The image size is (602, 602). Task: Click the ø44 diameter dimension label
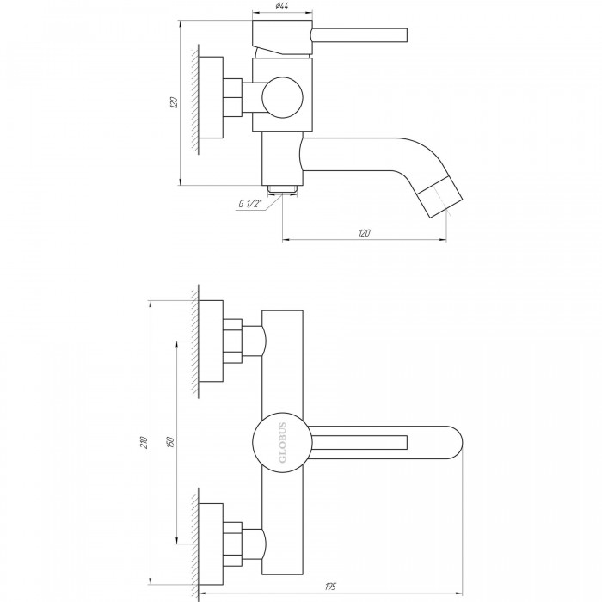pyautogui.click(x=282, y=6)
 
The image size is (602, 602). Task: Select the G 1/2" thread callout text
pyautogui.click(x=250, y=204)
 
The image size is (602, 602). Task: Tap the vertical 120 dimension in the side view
pyautogui.click(x=174, y=102)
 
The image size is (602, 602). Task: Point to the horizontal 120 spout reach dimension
pyautogui.click(x=365, y=233)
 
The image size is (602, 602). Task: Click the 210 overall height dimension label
pyautogui.click(x=144, y=442)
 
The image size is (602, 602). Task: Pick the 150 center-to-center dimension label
pyautogui.click(x=171, y=442)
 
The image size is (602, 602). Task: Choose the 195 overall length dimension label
pyautogui.click(x=330, y=587)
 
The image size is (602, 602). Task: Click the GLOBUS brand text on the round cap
pyautogui.click(x=283, y=442)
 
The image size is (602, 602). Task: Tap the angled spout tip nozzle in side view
pyautogui.click(x=439, y=197)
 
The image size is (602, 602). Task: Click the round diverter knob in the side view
pyautogui.click(x=283, y=97)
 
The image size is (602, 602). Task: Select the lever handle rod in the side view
pyautogui.click(x=359, y=34)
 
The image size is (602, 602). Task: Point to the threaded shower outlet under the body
pyautogui.click(x=283, y=189)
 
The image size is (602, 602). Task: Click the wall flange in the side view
pyautogui.click(x=212, y=97)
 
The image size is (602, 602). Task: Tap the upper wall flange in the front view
pyautogui.click(x=212, y=341)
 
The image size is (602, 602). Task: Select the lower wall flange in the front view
pyautogui.click(x=212, y=544)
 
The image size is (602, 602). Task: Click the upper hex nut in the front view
pyautogui.click(x=232, y=341)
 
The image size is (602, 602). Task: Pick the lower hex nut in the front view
pyautogui.click(x=232, y=544)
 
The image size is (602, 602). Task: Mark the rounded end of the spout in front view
pyautogui.click(x=452, y=442)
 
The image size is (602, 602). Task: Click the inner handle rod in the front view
pyautogui.click(x=359, y=442)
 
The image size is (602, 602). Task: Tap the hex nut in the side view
pyautogui.click(x=232, y=97)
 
